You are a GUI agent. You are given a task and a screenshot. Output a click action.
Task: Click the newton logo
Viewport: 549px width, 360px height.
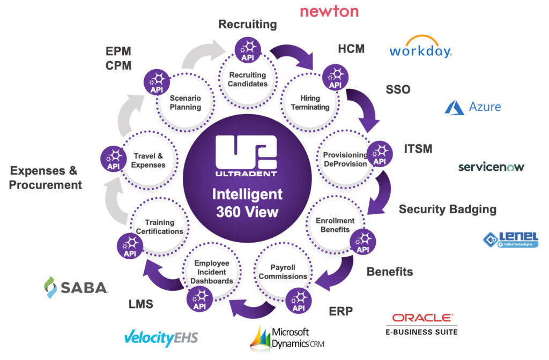coord(329,11)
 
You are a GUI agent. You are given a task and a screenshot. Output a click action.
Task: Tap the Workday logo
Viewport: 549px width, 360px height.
coord(420,47)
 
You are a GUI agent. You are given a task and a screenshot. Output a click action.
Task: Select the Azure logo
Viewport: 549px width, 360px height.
coord(473,107)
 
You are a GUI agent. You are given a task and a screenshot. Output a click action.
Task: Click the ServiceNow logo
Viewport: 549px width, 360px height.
coord(491,167)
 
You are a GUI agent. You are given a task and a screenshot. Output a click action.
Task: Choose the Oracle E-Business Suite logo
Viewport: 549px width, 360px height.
coord(422,324)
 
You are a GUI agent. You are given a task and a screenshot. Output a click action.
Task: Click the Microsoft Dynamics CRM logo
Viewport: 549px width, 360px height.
coord(287,338)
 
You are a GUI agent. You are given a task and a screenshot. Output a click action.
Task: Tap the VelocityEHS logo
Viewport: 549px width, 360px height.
coord(161,337)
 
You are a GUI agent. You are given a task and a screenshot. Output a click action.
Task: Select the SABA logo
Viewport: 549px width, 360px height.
coord(76,287)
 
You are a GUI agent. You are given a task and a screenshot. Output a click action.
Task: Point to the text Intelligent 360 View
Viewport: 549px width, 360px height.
coord(247,202)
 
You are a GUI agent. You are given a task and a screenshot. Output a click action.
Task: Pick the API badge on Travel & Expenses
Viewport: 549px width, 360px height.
coord(113,159)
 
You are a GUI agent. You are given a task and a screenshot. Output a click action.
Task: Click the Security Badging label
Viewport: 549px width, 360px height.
coord(447,209)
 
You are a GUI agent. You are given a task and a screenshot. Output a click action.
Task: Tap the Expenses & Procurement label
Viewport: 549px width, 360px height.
coord(46,178)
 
